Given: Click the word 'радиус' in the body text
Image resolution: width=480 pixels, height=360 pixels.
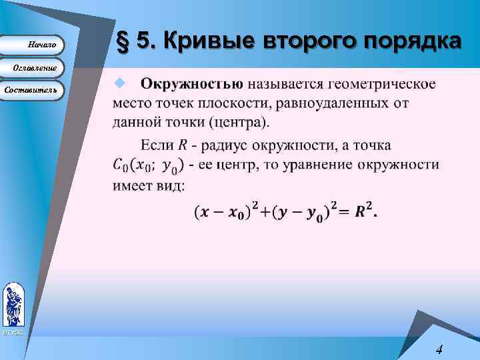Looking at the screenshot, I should pos(223,145).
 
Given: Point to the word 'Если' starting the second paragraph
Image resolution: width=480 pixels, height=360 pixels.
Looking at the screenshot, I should pos(157,145).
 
